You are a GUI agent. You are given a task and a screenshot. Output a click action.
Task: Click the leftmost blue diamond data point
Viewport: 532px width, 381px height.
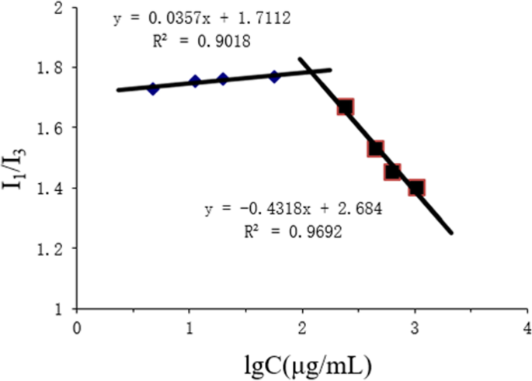click(x=153, y=88)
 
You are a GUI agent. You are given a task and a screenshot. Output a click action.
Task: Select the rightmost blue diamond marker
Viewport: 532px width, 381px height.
click(x=274, y=76)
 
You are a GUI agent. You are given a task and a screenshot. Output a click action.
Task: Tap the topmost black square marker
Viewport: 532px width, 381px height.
click(x=345, y=107)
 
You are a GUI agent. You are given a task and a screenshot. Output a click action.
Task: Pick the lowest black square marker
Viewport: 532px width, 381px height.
click(x=416, y=187)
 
